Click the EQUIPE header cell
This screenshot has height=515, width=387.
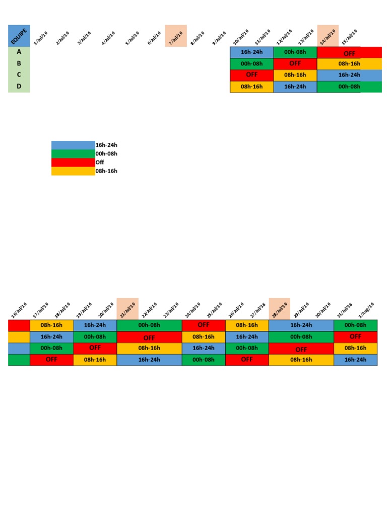(x=19, y=36)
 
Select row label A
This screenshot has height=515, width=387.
(x=19, y=52)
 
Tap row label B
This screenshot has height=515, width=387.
(x=19, y=63)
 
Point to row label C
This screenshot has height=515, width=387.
(x=19, y=75)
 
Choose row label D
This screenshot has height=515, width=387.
(x=19, y=87)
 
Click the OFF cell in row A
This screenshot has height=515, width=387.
(x=349, y=53)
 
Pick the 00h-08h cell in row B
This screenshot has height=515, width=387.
(x=252, y=64)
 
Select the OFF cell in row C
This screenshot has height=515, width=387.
(x=252, y=75)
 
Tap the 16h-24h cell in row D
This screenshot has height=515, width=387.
(x=295, y=87)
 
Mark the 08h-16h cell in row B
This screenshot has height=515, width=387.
(x=349, y=64)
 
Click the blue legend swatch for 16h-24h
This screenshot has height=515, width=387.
(x=73, y=145)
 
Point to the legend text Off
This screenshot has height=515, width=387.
(x=99, y=162)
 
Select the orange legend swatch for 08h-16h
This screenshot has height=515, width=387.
(x=73, y=171)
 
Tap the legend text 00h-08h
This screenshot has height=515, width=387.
(x=106, y=154)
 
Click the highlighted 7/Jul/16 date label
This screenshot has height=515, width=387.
(x=176, y=36)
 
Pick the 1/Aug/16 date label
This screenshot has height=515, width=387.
(x=366, y=309)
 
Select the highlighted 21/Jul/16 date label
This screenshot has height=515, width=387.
(x=127, y=309)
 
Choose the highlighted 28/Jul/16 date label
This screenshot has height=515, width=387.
(x=279, y=309)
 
